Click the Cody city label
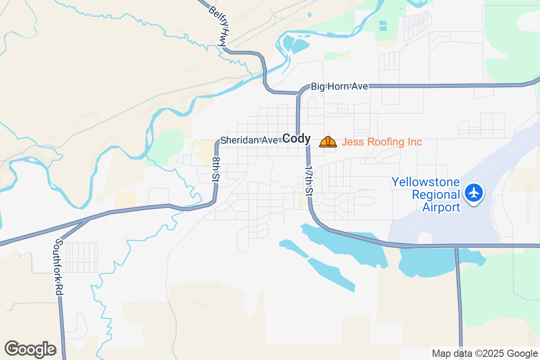[x=297, y=139]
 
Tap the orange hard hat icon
[x=328, y=142]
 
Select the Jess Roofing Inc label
[x=382, y=142]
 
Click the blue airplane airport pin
[x=473, y=193]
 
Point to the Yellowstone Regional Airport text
[x=426, y=195]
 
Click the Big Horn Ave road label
[x=340, y=86]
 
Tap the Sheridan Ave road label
[x=249, y=140]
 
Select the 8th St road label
[x=216, y=169]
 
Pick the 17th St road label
[x=309, y=180]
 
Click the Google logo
[x=30, y=349]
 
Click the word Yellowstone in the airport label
[x=426, y=182]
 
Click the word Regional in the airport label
[x=436, y=195]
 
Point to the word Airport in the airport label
[x=441, y=207]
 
